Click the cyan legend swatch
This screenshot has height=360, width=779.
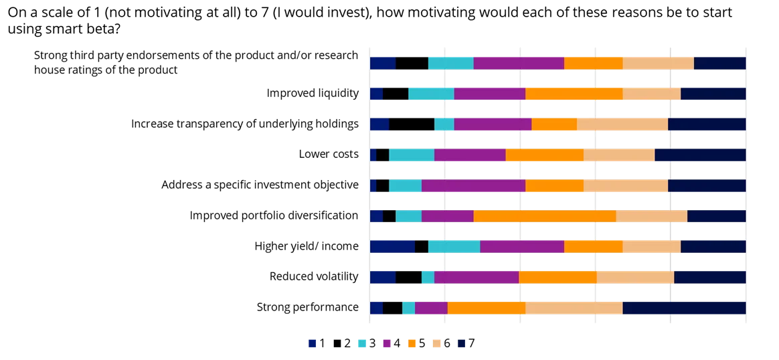click(362, 343)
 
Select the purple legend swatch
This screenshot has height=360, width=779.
click(385, 343)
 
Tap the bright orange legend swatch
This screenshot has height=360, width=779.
click(412, 343)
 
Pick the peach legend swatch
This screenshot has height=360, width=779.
click(436, 343)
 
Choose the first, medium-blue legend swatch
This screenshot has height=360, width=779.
click(311, 343)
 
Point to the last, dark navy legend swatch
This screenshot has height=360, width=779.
click(460, 343)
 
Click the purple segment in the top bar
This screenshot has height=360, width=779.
click(519, 63)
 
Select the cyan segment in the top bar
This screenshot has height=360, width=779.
click(451, 63)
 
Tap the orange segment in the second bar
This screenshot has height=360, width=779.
click(574, 94)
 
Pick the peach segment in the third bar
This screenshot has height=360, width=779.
click(622, 124)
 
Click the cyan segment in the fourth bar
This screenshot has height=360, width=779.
click(412, 155)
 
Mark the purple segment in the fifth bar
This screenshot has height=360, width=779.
click(473, 185)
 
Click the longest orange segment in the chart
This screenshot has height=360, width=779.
click(544, 216)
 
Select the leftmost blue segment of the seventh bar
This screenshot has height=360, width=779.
click(392, 247)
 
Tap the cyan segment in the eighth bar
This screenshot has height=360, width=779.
click(428, 277)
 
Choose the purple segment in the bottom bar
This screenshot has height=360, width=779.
click(431, 308)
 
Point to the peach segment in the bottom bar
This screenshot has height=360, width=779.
click(574, 308)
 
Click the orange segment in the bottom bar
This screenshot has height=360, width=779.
click(487, 308)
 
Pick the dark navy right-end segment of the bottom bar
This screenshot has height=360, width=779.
click(684, 308)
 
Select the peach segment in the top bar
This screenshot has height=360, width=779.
click(658, 63)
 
